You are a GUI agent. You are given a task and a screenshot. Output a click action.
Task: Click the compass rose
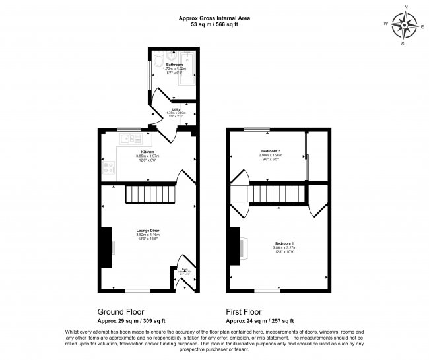click(405, 26)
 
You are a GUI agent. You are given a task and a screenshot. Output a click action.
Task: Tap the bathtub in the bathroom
click(187, 66)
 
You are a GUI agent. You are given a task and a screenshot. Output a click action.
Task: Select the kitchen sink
click(127, 138)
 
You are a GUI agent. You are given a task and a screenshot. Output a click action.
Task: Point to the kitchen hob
click(108, 167)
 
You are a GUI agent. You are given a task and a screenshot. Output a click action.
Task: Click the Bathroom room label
click(174, 64)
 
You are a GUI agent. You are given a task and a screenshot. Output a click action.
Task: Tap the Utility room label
click(176, 109)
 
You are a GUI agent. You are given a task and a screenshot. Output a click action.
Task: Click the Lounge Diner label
click(148, 230)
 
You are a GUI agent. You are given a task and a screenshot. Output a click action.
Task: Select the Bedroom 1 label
click(284, 243)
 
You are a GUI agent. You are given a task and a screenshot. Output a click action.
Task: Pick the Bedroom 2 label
click(270, 152)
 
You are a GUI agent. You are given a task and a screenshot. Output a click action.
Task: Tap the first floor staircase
click(278, 195)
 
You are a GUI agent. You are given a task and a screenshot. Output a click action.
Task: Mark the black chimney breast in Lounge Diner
click(104, 248)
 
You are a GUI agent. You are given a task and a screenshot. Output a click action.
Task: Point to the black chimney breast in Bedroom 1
click(234, 247)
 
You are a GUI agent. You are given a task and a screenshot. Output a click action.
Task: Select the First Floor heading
click(244, 311)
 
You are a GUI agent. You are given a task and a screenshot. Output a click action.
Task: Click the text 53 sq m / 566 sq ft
click(214, 24)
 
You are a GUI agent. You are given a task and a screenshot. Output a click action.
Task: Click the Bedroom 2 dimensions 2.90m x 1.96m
click(270, 156)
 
